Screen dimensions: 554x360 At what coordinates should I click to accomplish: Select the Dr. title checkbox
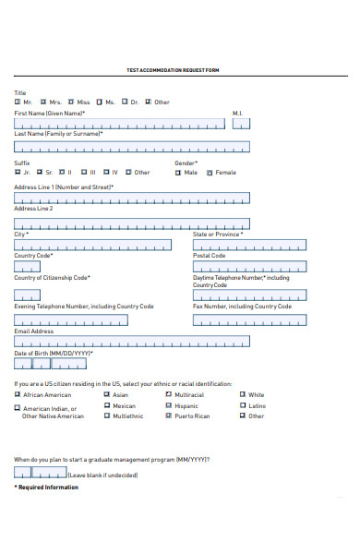click(125, 102)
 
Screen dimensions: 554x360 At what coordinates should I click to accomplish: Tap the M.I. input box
click(239, 122)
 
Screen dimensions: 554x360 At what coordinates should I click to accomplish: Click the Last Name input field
click(132, 146)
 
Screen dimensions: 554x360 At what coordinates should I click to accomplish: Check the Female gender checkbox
click(210, 172)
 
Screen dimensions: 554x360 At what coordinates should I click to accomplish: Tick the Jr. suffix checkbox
click(17, 172)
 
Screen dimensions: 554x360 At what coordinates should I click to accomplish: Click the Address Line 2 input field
click(132, 221)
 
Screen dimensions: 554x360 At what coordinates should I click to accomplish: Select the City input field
click(92, 245)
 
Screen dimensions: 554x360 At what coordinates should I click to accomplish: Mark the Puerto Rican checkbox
click(168, 416)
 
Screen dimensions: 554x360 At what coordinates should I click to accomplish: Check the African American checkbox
click(17, 394)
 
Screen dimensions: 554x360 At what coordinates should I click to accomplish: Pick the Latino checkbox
click(242, 405)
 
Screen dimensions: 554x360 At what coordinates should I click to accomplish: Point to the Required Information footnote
click(47, 488)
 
